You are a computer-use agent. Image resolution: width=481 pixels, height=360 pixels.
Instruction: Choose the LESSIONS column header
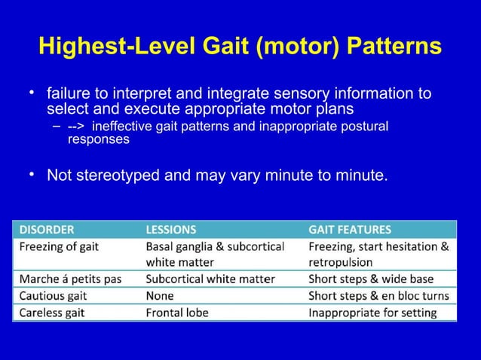point(170,229)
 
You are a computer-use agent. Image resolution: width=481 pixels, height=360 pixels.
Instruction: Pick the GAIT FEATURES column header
point(350,229)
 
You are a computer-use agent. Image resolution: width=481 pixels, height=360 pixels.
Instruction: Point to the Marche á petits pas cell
point(70,279)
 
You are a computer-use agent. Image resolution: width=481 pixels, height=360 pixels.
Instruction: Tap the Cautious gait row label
point(54,296)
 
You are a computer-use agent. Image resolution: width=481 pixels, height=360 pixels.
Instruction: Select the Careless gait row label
point(54,313)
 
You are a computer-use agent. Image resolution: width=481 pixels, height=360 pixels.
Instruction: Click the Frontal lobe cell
point(178,313)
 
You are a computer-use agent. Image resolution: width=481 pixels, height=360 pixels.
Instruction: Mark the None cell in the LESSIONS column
point(159,296)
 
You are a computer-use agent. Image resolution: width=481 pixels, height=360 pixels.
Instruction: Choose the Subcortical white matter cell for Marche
point(210,279)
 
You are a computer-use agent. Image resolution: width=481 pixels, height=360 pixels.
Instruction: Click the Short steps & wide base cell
point(369,279)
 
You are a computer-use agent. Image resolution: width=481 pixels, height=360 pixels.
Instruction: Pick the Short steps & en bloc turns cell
point(378,296)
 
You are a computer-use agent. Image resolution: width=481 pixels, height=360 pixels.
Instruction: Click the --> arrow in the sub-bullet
point(76,126)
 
